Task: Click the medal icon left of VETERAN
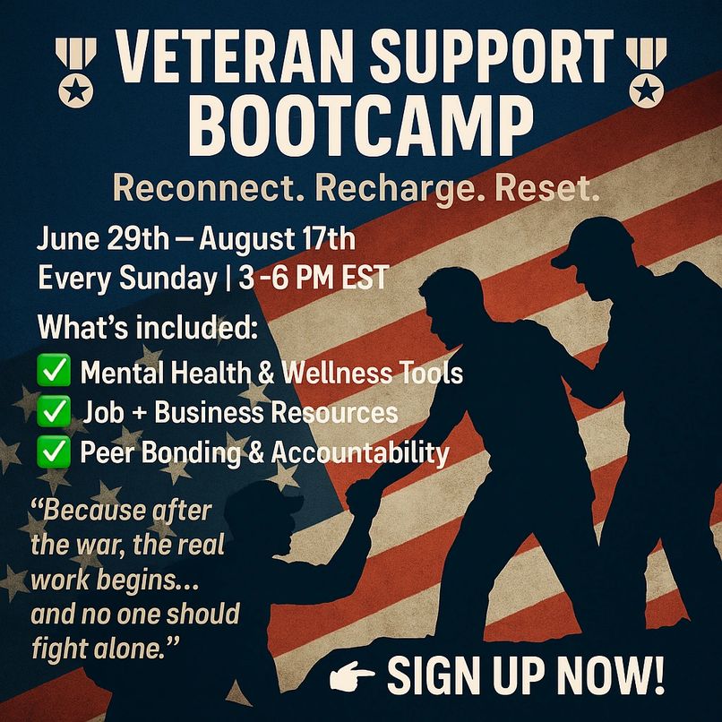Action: (x=76, y=73)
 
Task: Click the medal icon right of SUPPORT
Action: (x=647, y=73)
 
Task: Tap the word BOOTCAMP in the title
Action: (x=361, y=125)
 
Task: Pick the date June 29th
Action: (x=102, y=239)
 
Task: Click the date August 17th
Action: (x=277, y=239)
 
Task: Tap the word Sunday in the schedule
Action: (x=168, y=279)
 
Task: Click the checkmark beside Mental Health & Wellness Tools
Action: (x=54, y=370)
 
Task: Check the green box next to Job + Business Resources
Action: (x=54, y=411)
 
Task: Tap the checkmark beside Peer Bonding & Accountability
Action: (x=54, y=451)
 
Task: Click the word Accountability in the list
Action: (x=359, y=452)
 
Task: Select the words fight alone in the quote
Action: (x=106, y=649)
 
